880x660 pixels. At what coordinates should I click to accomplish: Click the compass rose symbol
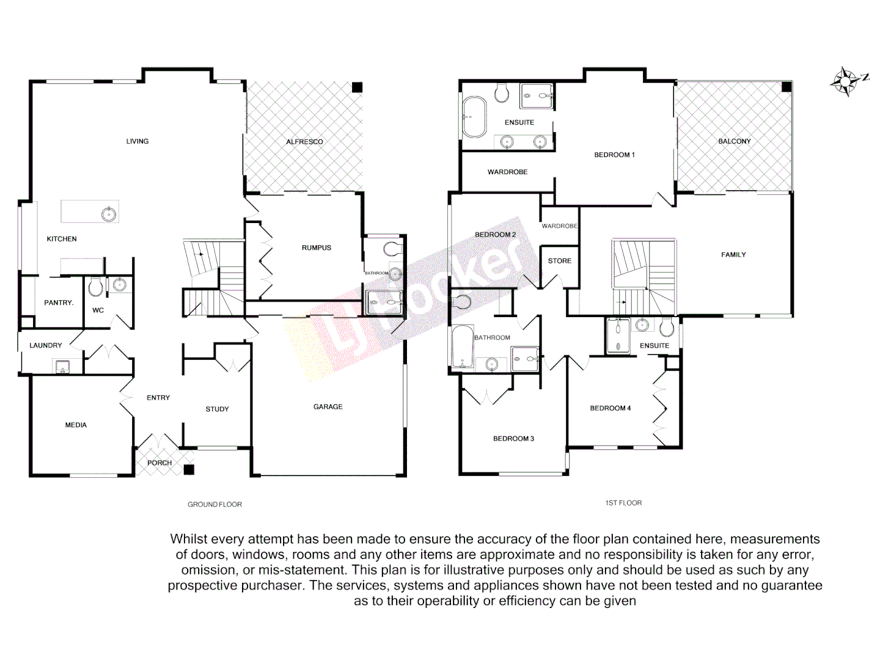coord(846,81)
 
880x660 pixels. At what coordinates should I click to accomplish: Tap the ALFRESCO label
coord(304,142)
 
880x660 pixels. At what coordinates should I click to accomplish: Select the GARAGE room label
coord(328,406)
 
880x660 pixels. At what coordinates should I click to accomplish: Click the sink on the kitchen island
coord(109,214)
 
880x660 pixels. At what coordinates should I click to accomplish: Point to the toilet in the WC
coord(95,286)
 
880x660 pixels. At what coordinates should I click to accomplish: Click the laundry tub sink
coord(62,367)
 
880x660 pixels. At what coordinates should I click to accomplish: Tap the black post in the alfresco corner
coord(358,87)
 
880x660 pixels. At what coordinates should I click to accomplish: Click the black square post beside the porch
coord(189,469)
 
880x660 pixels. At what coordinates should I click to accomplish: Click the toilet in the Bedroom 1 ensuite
coord(502,92)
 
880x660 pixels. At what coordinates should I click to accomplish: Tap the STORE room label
coord(559,261)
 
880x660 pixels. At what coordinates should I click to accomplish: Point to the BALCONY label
coord(734,141)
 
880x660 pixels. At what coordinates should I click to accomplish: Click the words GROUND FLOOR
coord(215,504)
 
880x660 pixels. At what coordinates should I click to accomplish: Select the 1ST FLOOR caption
coord(623,503)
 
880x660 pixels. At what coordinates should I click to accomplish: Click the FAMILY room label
coord(733,255)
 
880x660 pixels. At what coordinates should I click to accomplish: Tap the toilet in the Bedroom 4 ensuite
coord(667,328)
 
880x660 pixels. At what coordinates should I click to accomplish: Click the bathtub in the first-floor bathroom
coord(463,346)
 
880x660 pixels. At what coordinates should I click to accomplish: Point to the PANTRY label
coord(59,302)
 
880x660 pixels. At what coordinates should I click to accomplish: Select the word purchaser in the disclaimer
coord(271,585)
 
